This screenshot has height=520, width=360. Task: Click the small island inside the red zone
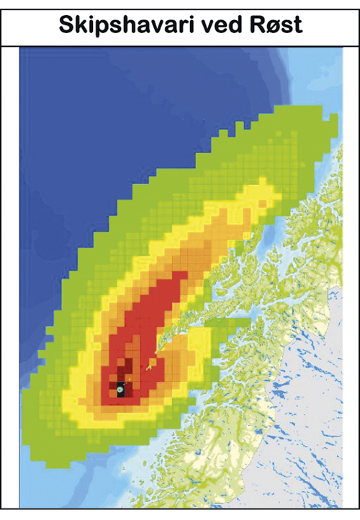(150, 367)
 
